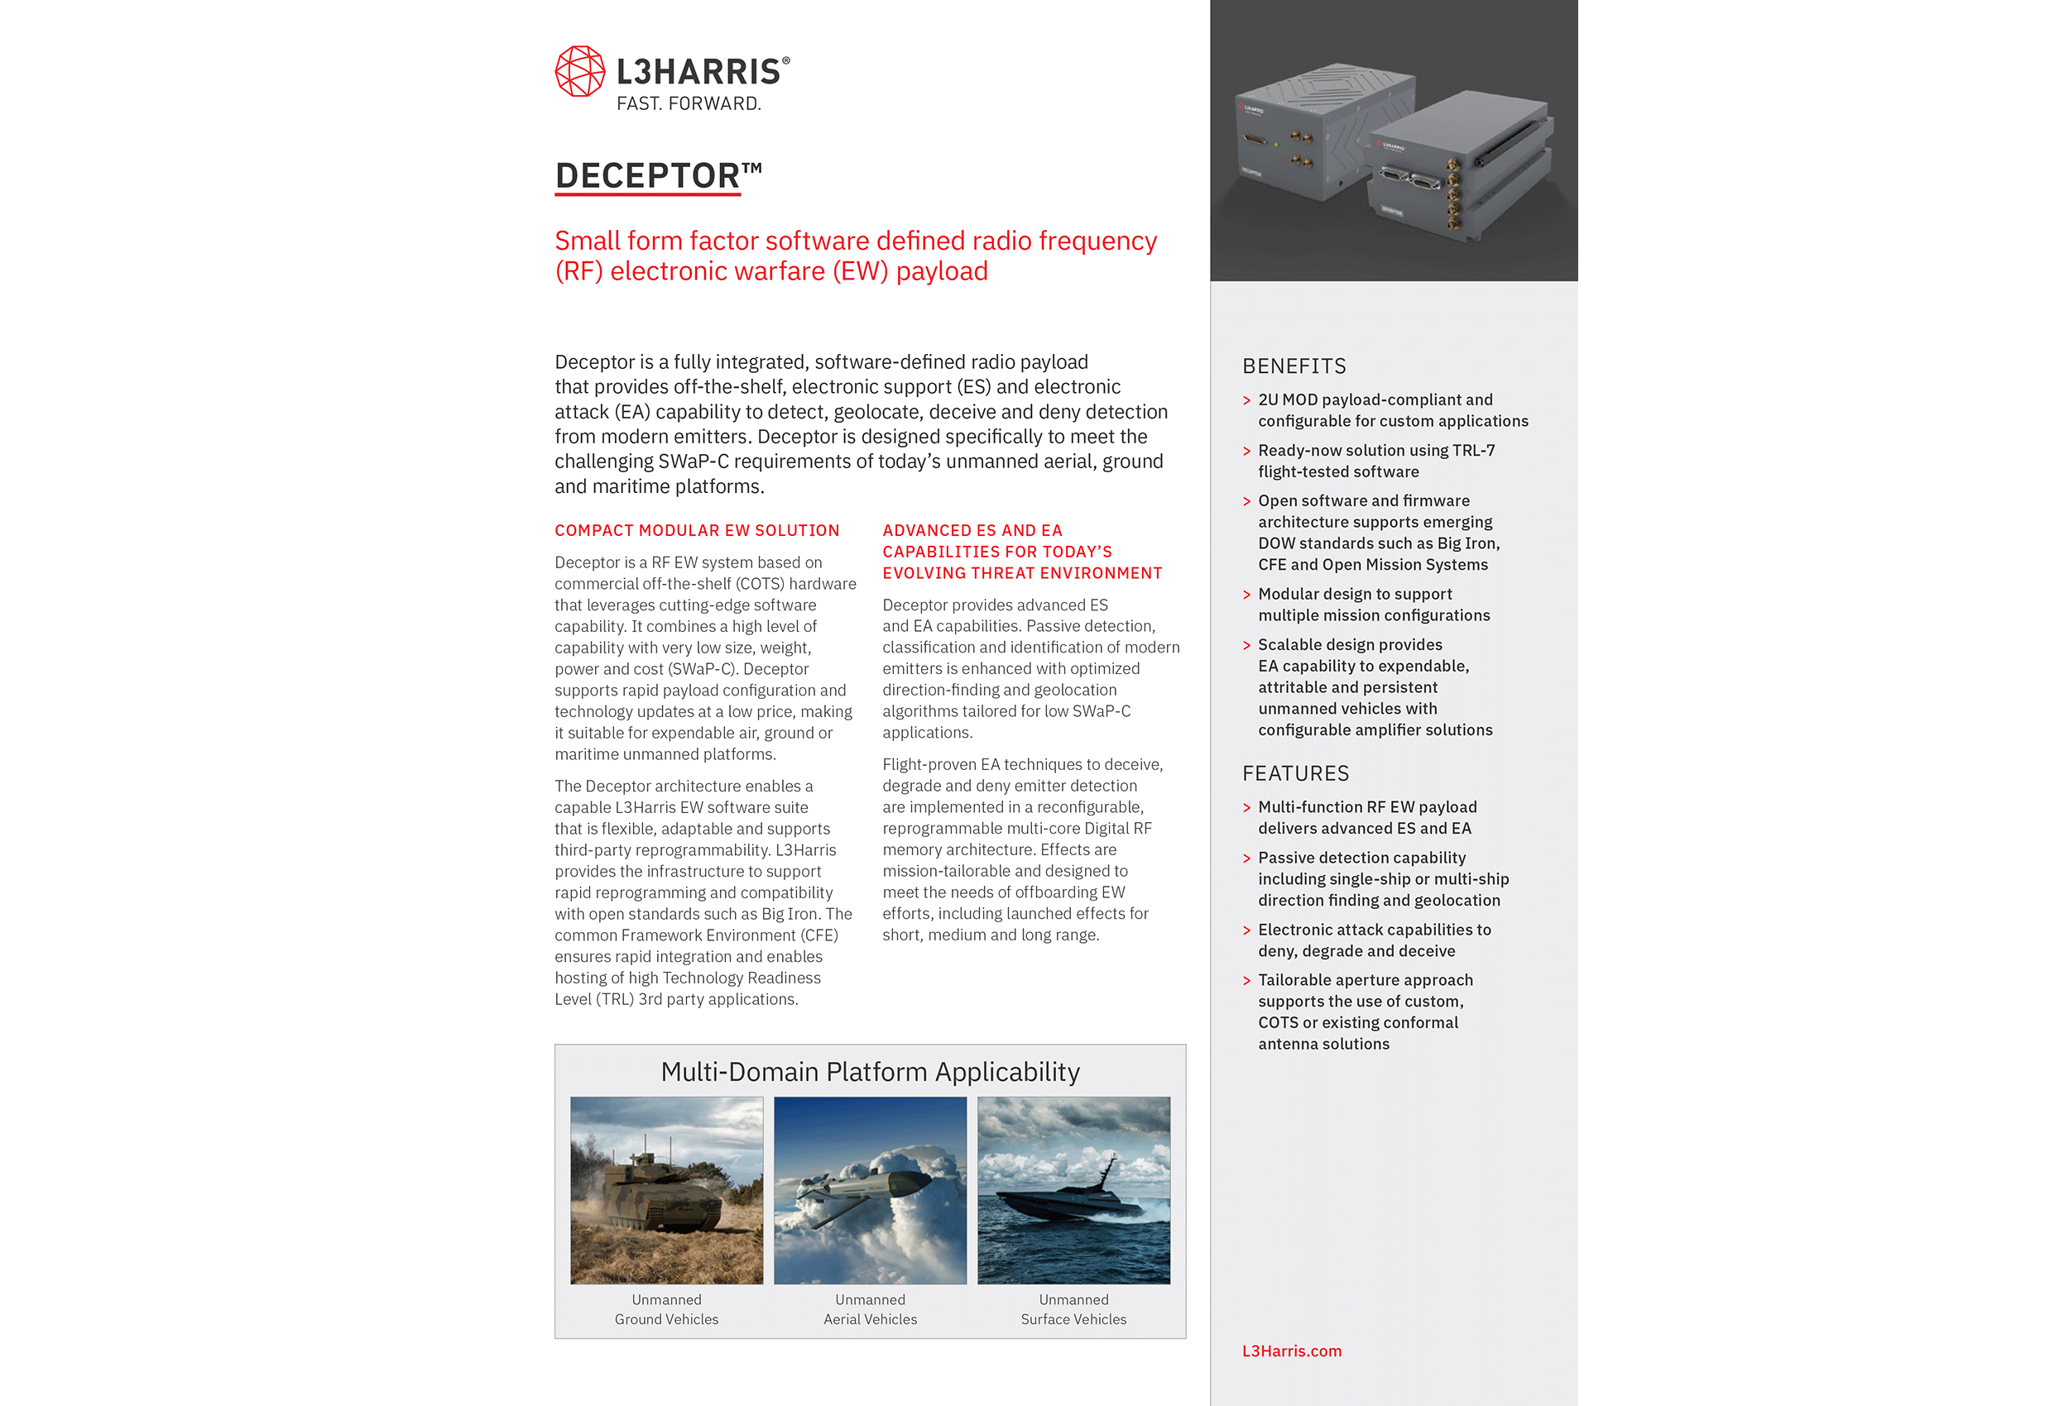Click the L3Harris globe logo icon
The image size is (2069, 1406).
click(579, 71)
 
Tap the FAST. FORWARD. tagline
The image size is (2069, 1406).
click(689, 104)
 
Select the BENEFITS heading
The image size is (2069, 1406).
click(1294, 366)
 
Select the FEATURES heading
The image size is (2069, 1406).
click(1295, 773)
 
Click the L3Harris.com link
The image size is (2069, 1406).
click(1291, 1351)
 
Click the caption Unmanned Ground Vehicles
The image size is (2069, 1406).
click(666, 1309)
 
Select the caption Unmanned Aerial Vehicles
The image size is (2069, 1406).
click(870, 1309)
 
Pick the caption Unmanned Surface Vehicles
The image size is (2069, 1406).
click(1073, 1309)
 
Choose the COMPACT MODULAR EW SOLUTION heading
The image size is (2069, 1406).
click(696, 530)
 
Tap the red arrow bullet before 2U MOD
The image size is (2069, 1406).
click(1246, 400)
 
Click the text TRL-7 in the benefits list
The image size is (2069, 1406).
click(1473, 450)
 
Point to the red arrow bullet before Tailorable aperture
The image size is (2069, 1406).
click(1246, 981)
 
